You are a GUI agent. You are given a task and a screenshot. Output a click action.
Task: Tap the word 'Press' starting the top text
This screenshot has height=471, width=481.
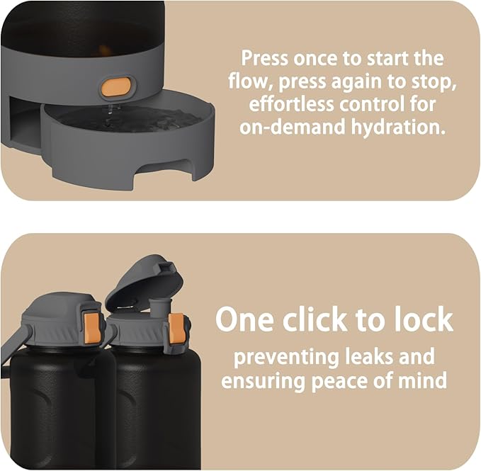pos(265,58)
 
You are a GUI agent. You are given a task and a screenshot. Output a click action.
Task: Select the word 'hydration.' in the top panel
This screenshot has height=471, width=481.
pos(398,127)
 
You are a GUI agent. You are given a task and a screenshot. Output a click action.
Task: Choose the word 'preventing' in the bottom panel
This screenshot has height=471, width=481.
pos(285,358)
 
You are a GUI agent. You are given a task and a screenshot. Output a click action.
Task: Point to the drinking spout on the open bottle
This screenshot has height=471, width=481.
pos(158,308)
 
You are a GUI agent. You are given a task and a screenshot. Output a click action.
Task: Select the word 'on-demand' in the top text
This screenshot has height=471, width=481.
pos(293,127)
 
